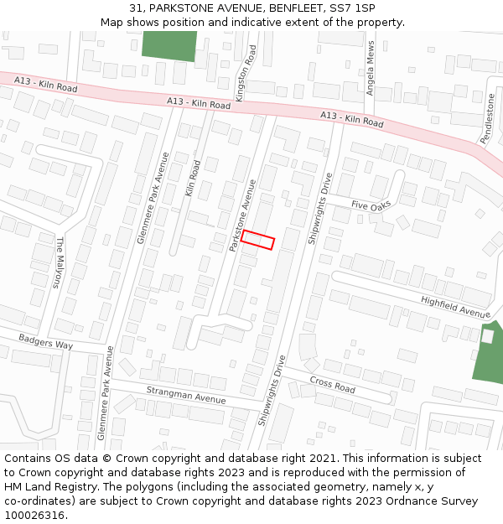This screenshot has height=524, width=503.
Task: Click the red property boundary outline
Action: (x=257, y=239)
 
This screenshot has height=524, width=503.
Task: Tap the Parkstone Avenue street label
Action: (x=241, y=214)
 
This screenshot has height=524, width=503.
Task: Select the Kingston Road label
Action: (x=245, y=74)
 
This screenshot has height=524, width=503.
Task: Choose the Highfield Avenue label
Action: (x=455, y=307)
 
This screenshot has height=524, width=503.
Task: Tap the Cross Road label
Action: (x=332, y=384)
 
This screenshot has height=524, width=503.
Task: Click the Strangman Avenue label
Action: (x=186, y=395)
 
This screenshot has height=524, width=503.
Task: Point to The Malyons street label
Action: (x=59, y=262)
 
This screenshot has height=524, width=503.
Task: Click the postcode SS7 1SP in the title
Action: (x=353, y=8)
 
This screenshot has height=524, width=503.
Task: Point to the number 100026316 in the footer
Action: (x=35, y=516)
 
